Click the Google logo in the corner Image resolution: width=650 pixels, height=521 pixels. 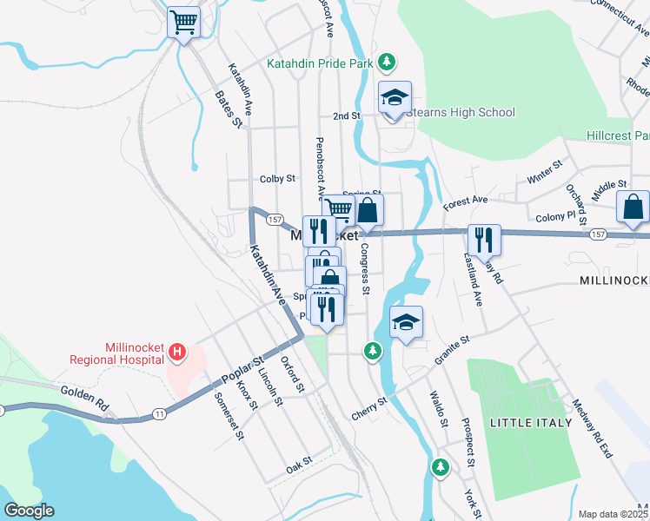(x=29, y=511)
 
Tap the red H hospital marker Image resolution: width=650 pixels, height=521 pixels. (x=177, y=352)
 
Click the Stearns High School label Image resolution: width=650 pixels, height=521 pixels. (x=461, y=112)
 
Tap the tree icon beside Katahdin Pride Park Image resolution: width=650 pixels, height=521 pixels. (x=387, y=63)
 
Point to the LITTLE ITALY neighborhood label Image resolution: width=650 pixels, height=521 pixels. (x=531, y=423)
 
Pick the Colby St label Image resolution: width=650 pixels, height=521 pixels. (x=277, y=179)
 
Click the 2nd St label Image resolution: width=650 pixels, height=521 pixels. (x=346, y=115)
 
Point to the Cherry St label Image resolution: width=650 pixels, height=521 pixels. (x=370, y=407)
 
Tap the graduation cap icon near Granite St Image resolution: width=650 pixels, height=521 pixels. (x=406, y=323)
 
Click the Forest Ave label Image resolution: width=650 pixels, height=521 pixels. (x=465, y=201)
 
